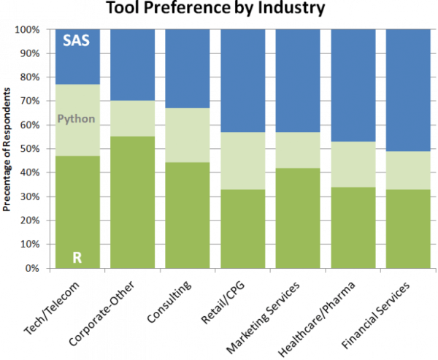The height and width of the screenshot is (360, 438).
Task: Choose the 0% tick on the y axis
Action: tap(31, 269)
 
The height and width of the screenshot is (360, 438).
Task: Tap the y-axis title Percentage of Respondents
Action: tap(7, 149)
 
